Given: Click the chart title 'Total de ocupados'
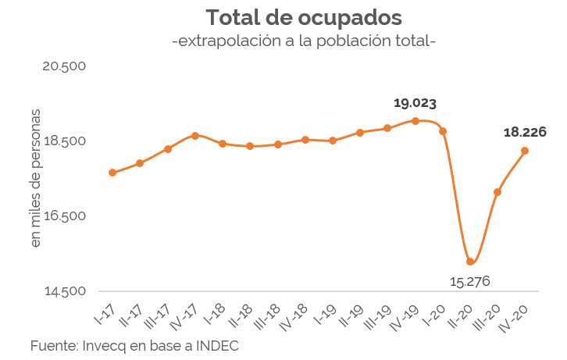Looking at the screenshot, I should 304,17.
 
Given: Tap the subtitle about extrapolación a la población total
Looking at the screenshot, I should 304,41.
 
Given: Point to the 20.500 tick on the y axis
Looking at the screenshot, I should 64,66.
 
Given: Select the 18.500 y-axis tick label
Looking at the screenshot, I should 64,141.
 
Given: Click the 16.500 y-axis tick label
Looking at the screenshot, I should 64,216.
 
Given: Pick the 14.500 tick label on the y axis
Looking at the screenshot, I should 64,291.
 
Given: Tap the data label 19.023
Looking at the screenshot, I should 415,103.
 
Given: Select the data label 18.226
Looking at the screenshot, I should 524,132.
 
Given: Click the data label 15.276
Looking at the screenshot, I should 470,281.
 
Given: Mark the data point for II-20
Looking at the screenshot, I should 470,262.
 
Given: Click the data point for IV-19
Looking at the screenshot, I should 415,121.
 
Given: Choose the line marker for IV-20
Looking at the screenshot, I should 525,151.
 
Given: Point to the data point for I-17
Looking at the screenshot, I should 112,173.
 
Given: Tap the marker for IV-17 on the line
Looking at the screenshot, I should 195,136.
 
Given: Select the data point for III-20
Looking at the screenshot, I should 497,192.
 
